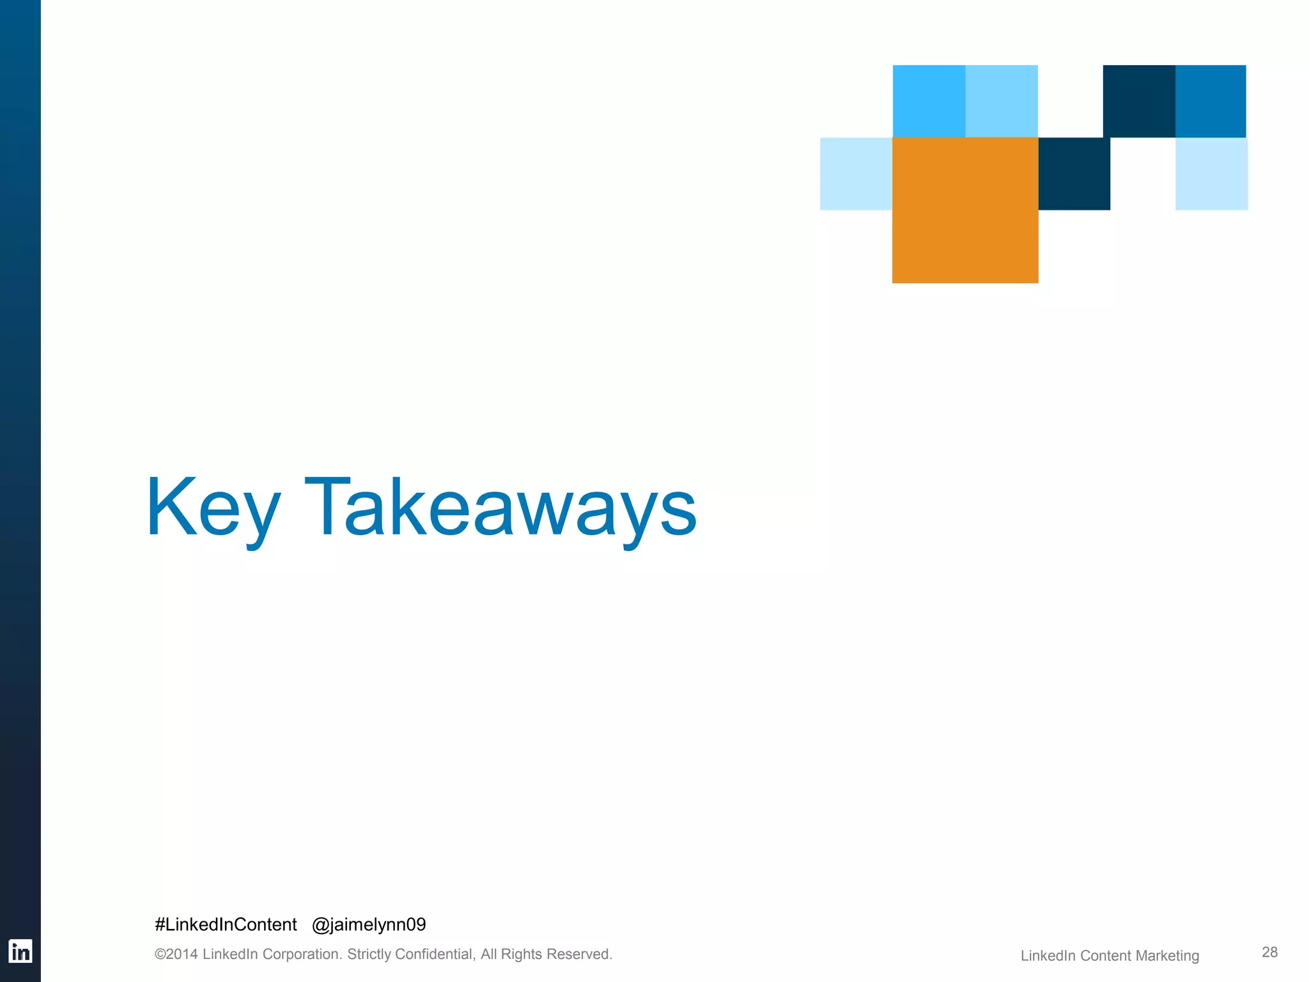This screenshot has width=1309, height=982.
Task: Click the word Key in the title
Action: click(213, 508)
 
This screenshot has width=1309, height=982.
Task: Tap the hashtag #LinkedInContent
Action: click(226, 924)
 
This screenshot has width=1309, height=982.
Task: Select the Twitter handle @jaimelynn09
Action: click(369, 924)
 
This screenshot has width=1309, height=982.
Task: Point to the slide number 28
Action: click(1269, 952)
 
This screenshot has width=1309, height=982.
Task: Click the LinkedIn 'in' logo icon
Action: click(20, 951)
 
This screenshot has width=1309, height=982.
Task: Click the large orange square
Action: click(965, 210)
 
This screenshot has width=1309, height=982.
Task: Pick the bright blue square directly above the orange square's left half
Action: click(929, 101)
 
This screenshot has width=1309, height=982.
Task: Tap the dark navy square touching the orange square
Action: click(1074, 174)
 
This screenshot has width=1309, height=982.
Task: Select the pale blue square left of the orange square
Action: click(856, 174)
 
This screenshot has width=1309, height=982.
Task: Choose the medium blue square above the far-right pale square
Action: click(1211, 101)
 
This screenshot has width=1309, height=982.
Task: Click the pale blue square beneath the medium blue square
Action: click(1211, 174)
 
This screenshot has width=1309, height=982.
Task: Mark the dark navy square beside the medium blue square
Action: click(1139, 101)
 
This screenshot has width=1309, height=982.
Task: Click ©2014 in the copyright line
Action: click(176, 955)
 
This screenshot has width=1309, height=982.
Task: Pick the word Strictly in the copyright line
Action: click(369, 955)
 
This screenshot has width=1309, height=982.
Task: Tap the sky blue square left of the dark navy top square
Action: click(1002, 101)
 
